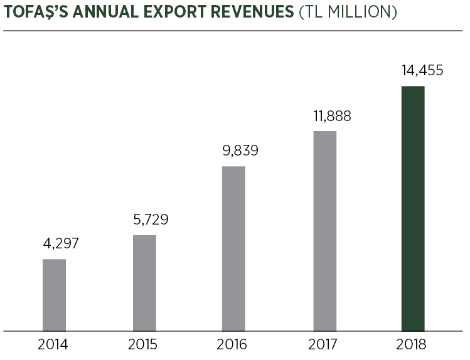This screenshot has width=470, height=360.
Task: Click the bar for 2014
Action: [54, 294]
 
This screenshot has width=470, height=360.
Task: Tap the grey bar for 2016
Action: [233, 248]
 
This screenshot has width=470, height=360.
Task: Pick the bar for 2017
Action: [324, 230]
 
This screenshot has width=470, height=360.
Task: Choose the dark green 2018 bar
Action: [413, 208]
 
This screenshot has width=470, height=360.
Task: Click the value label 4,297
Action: [61, 244]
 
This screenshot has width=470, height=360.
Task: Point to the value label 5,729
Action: [151, 220]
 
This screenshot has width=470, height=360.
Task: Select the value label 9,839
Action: [240, 151]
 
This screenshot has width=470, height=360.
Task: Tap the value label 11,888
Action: [332, 116]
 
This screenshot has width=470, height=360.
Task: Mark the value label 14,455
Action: [422, 70]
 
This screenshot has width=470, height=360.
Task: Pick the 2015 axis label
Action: [143, 344]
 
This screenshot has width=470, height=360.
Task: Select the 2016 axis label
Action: [232, 344]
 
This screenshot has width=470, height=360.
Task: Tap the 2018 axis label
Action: [412, 344]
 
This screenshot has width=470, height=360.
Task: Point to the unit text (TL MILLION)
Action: [347, 13]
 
